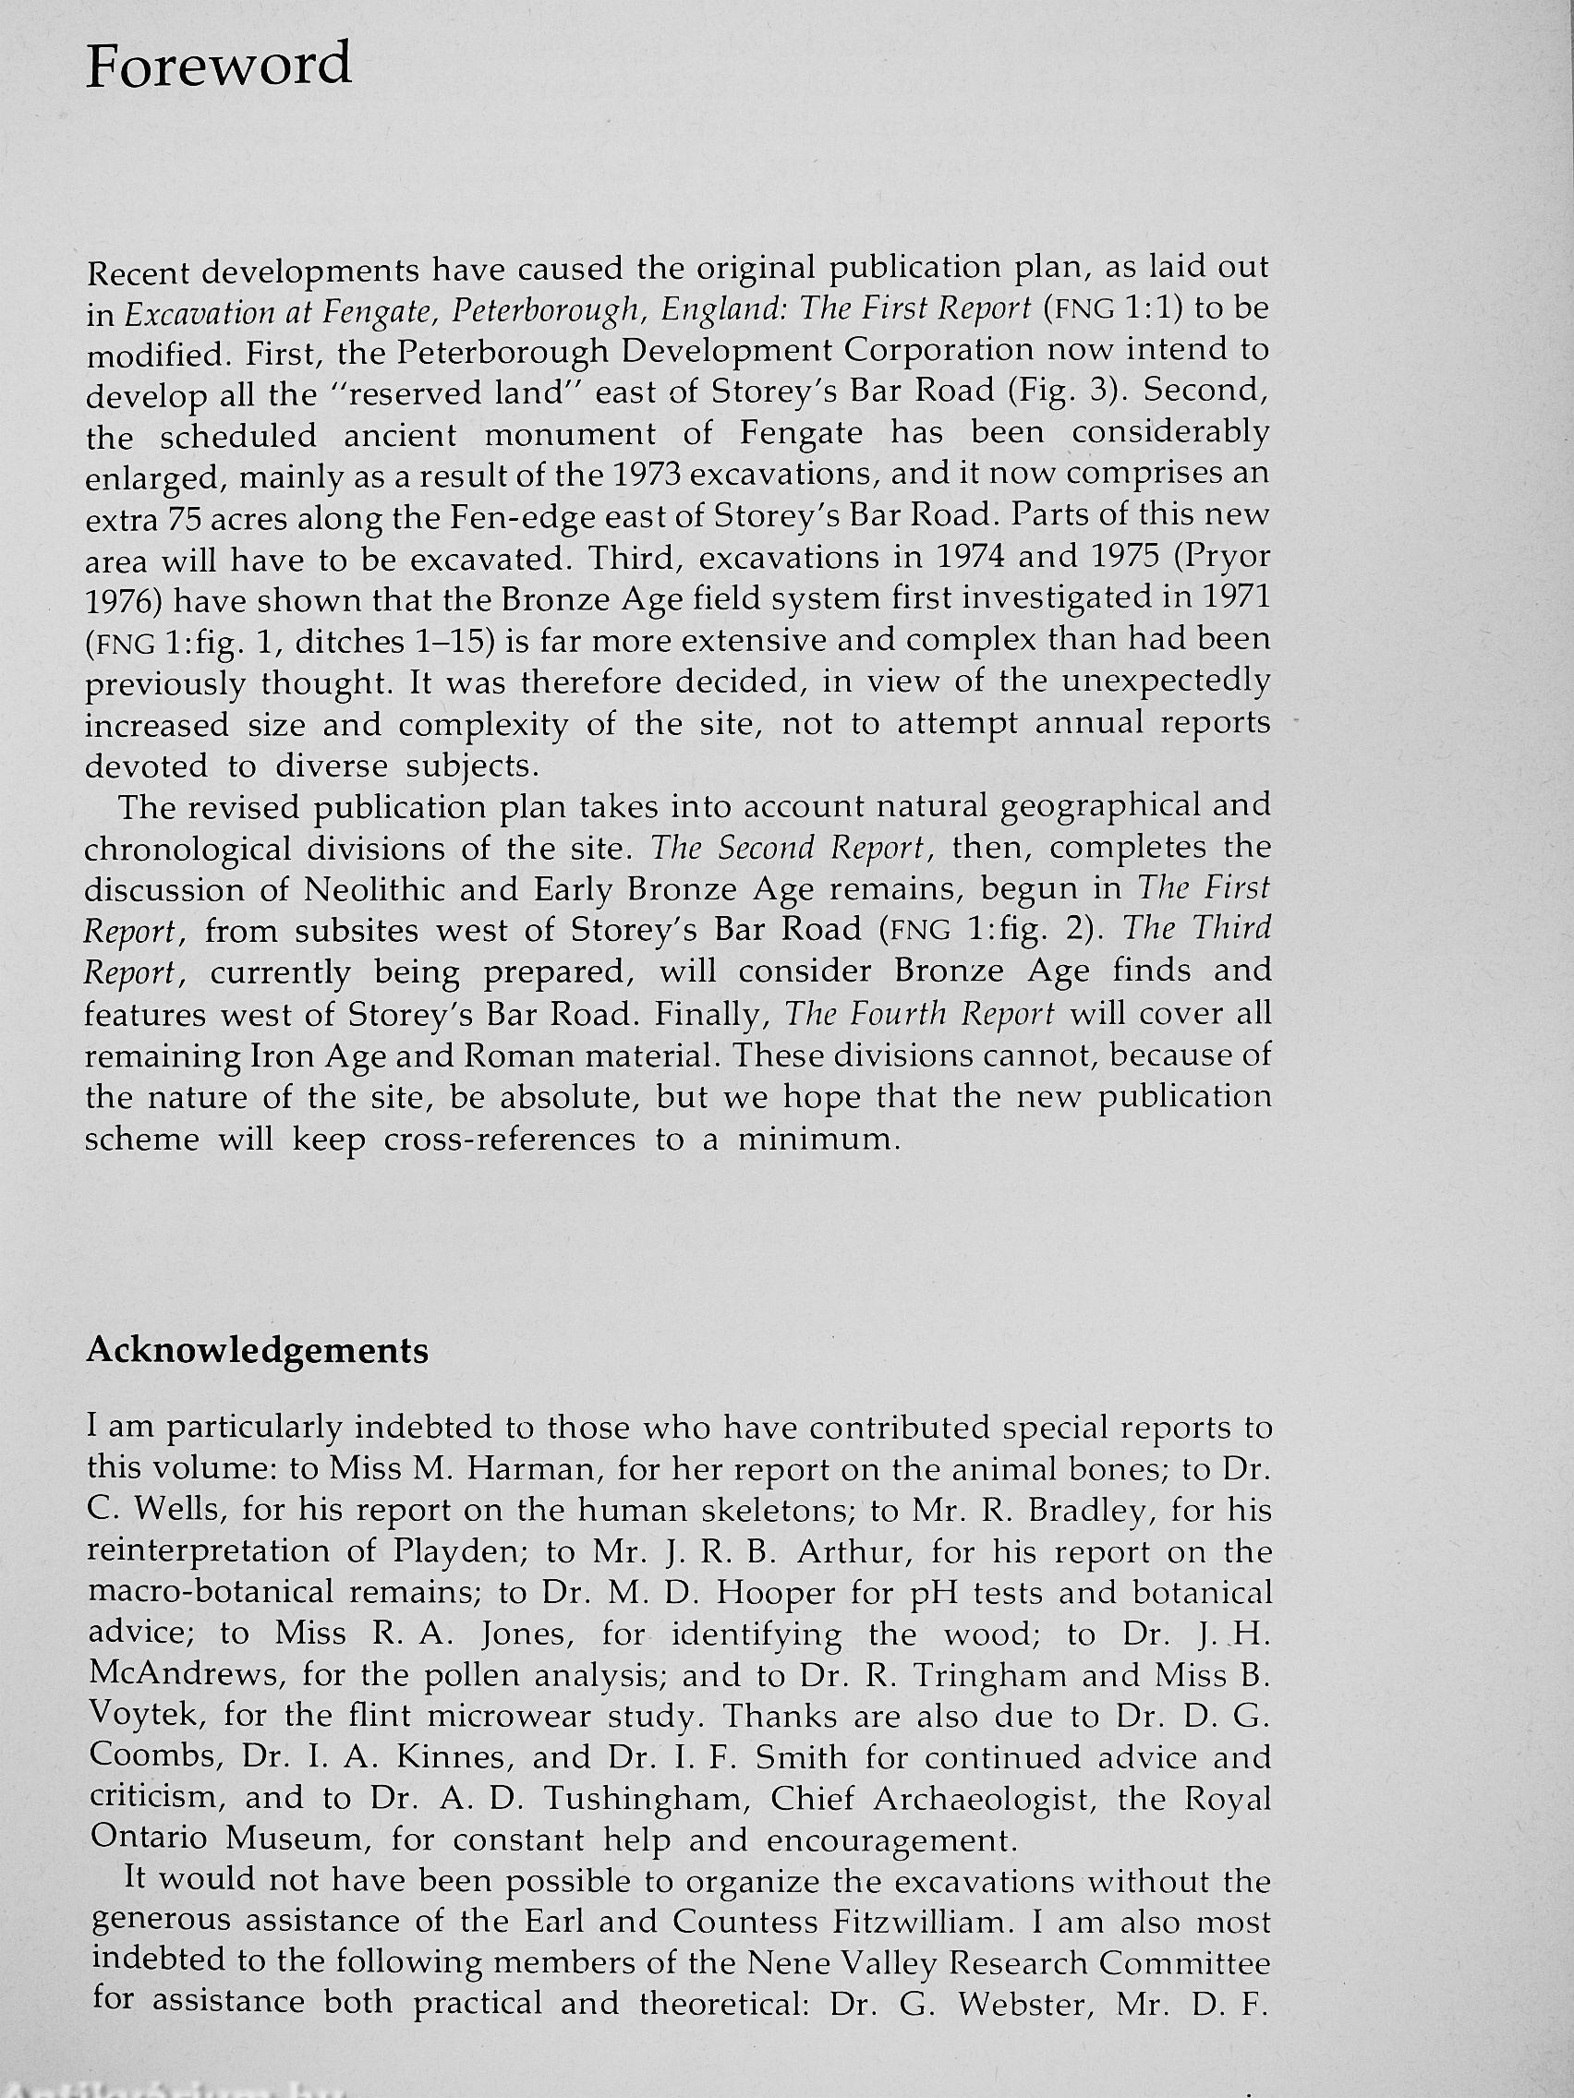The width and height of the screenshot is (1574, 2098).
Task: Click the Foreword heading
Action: [x=218, y=66]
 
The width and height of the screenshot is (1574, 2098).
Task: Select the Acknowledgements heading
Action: [x=257, y=1351]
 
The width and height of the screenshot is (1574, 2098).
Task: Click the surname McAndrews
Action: [x=186, y=1675]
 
